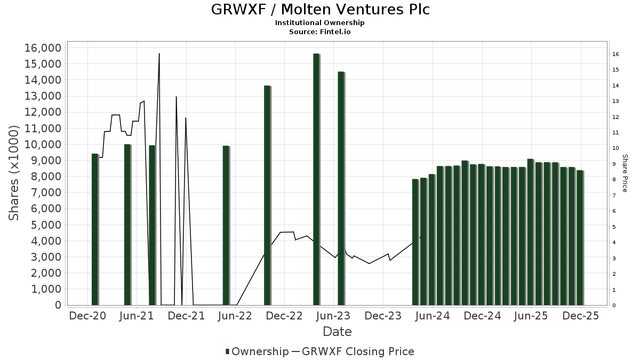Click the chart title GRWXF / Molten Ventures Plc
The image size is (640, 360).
coord(320,10)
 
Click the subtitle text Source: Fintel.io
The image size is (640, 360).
coord(320,32)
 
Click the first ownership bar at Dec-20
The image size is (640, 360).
coord(95,229)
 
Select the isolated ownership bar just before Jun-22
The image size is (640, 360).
coord(226,225)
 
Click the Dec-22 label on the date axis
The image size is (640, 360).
coord(285,316)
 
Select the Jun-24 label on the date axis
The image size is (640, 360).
coord(433,316)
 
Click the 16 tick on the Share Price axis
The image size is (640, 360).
coord(615,54)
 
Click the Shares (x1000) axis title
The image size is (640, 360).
coord(14,173)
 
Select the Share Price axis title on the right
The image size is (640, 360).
coord(625,173)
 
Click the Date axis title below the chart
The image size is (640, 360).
coord(337,332)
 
